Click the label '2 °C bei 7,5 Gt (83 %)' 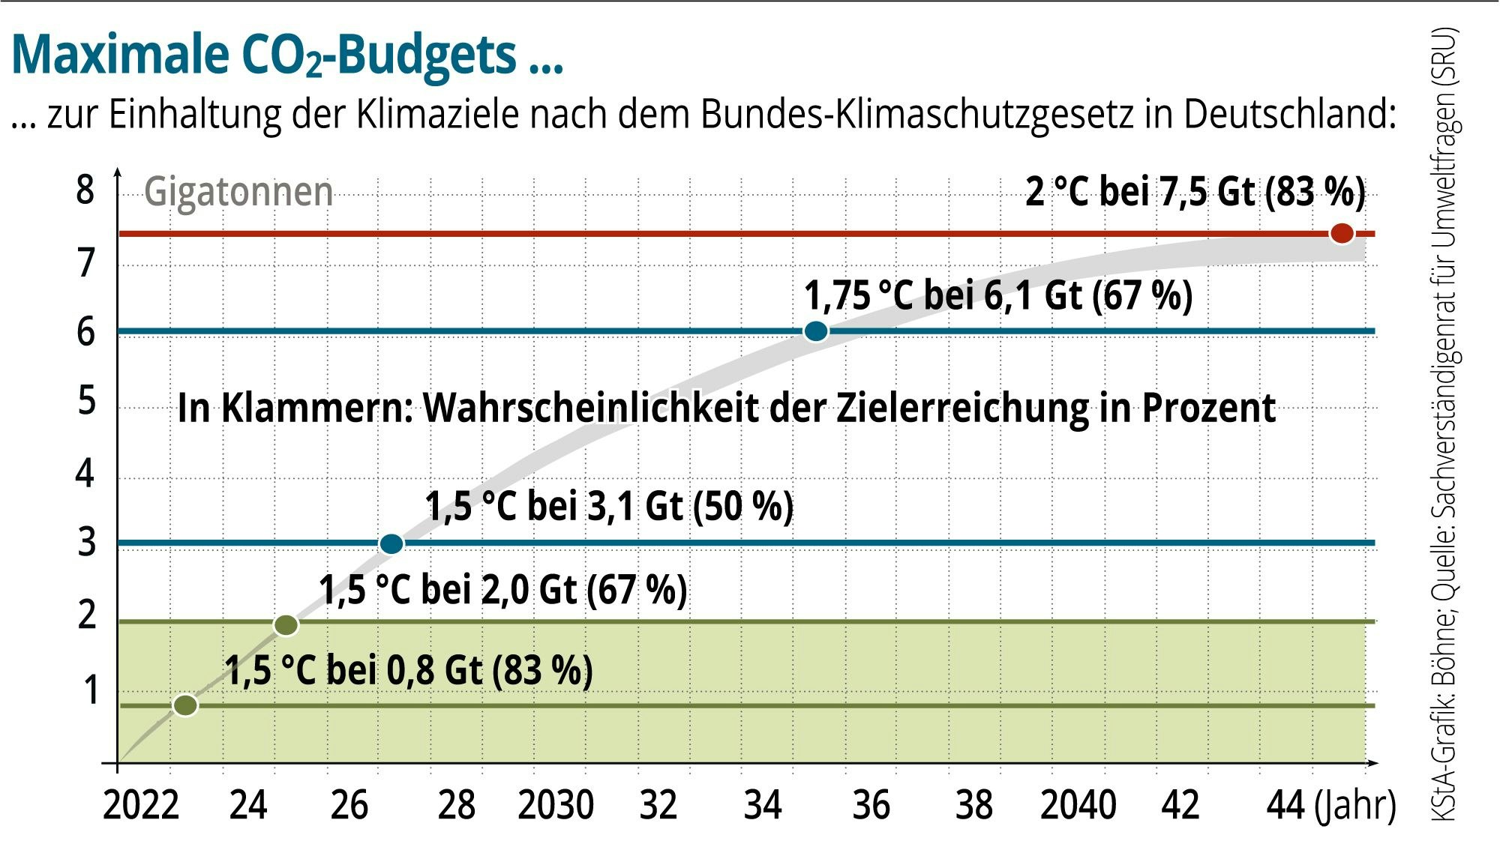click(1195, 192)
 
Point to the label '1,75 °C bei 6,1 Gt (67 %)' click(997, 295)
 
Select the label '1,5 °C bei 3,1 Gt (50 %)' click(609, 507)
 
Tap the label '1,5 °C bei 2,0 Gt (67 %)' click(502, 590)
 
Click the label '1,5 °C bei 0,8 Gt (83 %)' click(409, 670)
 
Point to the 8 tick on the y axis click(85, 190)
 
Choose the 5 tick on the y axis click(87, 401)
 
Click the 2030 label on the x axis click(555, 806)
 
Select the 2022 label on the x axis click(140, 806)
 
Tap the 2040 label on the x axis click(1078, 806)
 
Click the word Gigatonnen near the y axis click(238, 192)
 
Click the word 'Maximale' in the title click(121, 55)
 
